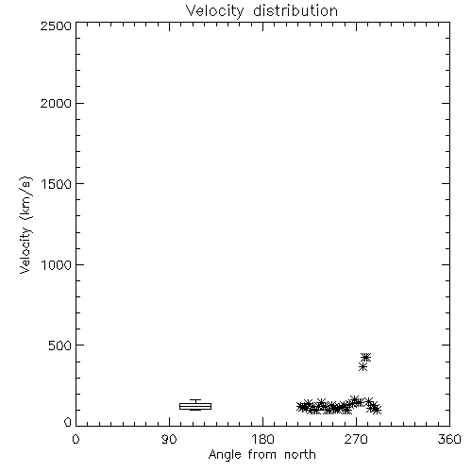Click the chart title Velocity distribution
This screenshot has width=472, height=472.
point(261,10)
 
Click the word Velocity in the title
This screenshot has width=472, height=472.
point(214,11)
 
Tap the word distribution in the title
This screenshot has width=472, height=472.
point(295,10)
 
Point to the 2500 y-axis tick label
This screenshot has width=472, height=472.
point(56,25)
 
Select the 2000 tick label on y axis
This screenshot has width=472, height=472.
point(56,103)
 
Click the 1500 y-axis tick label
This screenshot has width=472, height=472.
point(57,184)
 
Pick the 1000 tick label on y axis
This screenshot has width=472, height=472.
point(57,264)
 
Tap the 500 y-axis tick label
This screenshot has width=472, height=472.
point(60,346)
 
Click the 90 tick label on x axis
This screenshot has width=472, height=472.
point(169,439)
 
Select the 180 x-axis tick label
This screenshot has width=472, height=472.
point(262,439)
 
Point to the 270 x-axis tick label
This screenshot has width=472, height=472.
point(356,439)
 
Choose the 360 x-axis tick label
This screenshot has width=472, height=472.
point(449,439)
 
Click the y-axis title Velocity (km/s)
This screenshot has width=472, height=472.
point(25,225)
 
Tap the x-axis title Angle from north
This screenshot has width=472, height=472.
point(261,455)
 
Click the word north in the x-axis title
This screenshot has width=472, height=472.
point(300,454)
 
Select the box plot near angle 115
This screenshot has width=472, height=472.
point(195,406)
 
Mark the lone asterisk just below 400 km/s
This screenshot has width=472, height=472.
point(362,367)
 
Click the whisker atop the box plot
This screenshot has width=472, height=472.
point(195,401)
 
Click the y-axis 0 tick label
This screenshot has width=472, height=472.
point(68,422)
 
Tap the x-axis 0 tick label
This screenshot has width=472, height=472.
point(76,439)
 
